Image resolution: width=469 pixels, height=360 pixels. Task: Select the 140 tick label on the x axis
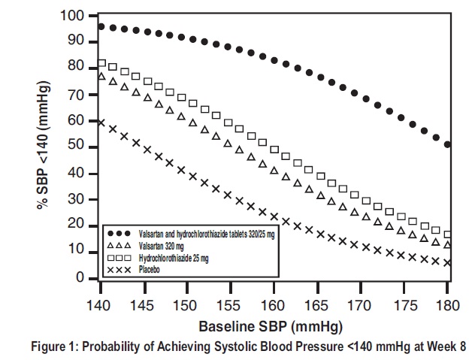100,306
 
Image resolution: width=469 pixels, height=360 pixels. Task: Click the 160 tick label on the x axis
274,306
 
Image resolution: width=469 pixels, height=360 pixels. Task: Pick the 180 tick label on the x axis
447,306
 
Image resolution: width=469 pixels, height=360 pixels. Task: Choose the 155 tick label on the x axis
230,306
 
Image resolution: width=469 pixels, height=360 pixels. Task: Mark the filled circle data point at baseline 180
447,144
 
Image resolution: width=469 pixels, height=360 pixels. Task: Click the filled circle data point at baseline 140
101,27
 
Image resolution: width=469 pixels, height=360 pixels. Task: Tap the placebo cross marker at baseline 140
101,122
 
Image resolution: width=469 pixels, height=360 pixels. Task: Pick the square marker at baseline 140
101,63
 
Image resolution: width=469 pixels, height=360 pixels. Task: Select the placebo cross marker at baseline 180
447,262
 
